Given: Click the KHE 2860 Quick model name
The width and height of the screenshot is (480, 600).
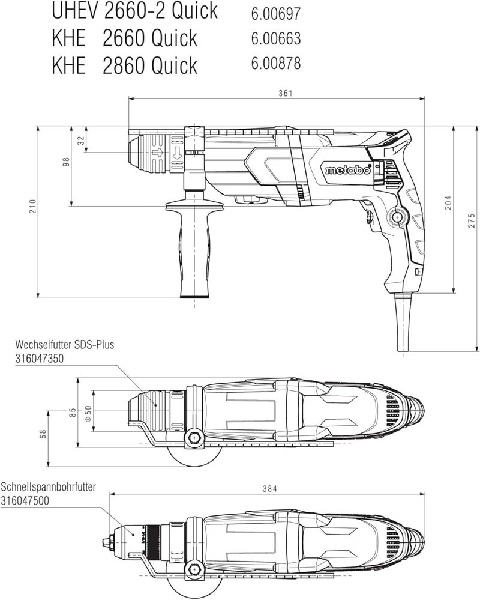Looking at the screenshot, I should (x=124, y=65).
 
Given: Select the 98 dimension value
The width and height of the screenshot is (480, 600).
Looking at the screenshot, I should (x=67, y=161).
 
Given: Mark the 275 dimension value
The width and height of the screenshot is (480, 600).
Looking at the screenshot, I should (x=472, y=220).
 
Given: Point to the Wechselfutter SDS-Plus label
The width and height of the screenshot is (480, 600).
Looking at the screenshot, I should (x=65, y=345).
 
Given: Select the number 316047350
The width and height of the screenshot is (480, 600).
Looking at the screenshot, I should (x=40, y=358).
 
